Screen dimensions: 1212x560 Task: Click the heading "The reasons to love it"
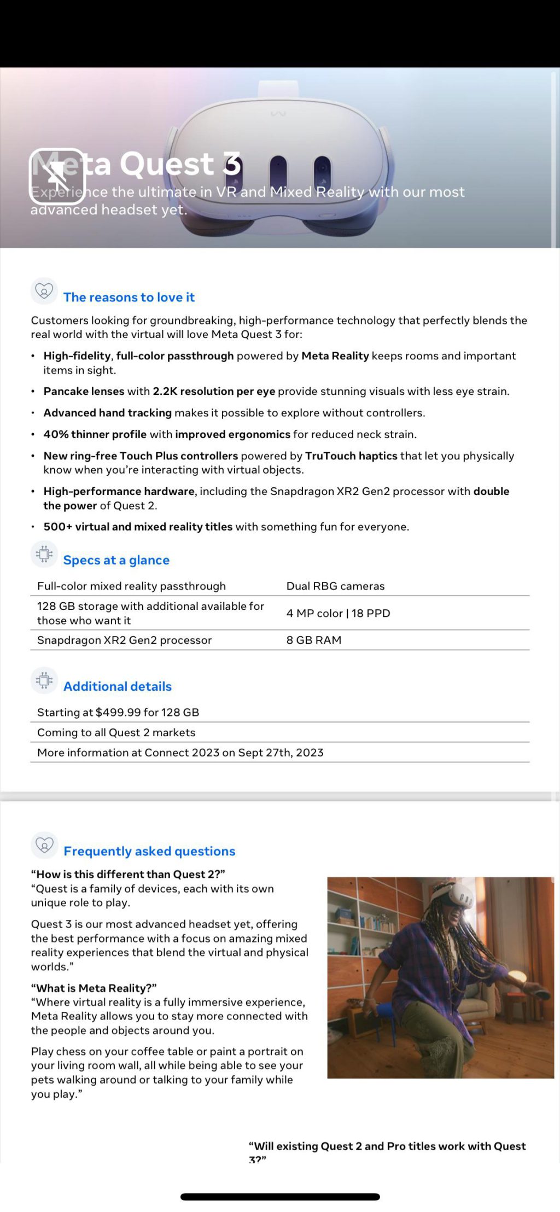pyautogui.click(x=129, y=297)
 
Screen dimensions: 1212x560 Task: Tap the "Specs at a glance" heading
pyautogui.click(x=116, y=560)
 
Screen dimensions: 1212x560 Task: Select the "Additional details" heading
pyautogui.click(x=117, y=686)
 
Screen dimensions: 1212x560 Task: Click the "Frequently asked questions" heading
pyautogui.click(x=149, y=851)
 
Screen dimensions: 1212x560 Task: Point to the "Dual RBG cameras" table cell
pyautogui.click(x=335, y=586)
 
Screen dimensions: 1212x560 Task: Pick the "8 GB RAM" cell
pyautogui.click(x=313, y=640)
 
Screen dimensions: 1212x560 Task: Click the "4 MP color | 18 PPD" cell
pyautogui.click(x=338, y=613)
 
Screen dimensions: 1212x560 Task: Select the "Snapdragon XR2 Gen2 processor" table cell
pyautogui.click(x=124, y=640)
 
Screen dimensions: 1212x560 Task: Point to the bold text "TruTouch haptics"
pyautogui.click(x=351, y=456)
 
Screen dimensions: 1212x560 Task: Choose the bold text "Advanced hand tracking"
pyautogui.click(x=107, y=412)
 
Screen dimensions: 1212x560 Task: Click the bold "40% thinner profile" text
pyautogui.click(x=95, y=434)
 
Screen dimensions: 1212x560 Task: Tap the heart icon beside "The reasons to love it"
pyautogui.click(x=44, y=290)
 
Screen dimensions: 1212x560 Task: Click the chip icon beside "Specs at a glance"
pyautogui.click(x=44, y=554)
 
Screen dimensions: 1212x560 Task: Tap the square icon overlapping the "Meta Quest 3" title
pyautogui.click(x=57, y=176)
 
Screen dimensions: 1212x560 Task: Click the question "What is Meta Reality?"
pyautogui.click(x=94, y=988)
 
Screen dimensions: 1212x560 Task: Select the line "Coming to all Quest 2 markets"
pyautogui.click(x=116, y=732)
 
